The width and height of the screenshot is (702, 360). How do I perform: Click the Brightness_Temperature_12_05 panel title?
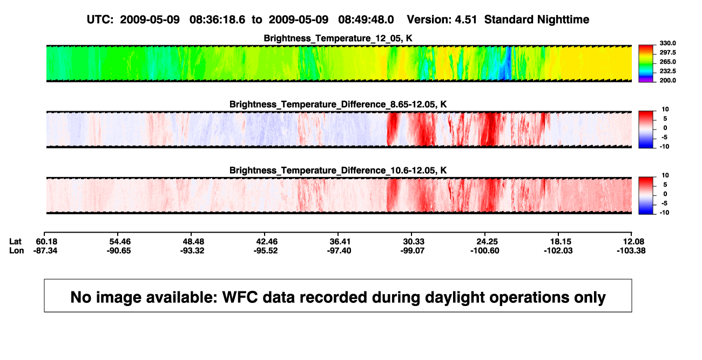pos(338,38)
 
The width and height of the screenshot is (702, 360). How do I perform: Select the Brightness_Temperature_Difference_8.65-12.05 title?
pos(338,104)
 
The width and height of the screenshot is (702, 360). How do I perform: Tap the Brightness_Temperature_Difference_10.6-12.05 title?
pos(338,171)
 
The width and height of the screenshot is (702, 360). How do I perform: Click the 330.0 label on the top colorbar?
pos(667,43)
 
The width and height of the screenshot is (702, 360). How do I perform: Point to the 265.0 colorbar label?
pos(667,62)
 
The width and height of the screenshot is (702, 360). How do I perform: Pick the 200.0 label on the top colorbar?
pos(667,80)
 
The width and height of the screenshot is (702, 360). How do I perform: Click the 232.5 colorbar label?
pos(667,71)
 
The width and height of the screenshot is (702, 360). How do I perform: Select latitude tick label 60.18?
pos(46,242)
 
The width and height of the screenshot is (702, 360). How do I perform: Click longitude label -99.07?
pos(413,250)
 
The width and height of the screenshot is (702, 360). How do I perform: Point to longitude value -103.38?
pos(631,250)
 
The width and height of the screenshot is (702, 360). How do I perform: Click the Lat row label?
pos(15,242)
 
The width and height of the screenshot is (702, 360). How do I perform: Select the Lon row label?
pos(17,250)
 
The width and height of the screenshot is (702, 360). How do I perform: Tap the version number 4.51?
pos(465,20)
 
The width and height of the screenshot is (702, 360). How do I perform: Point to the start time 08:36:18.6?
pos(217,20)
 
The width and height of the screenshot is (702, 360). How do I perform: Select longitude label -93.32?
pos(192,250)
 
